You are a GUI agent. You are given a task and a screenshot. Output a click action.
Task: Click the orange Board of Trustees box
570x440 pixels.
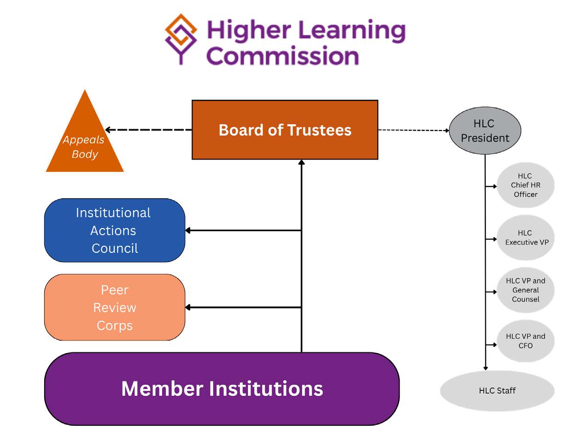coord(285,130)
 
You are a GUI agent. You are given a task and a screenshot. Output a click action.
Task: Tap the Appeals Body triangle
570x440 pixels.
coord(85,143)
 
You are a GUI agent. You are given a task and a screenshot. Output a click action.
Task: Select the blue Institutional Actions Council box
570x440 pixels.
coord(114,230)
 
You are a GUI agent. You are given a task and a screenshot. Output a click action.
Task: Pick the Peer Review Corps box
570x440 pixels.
coord(114,307)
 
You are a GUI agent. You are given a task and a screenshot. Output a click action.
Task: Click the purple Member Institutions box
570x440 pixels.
coord(222,389)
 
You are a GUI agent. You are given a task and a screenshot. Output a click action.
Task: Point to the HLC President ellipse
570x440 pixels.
coord(485,131)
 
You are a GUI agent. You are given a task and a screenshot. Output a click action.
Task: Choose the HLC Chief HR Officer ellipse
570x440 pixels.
coord(525,185)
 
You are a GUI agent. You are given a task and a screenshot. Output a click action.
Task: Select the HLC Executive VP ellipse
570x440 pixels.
coord(525,238)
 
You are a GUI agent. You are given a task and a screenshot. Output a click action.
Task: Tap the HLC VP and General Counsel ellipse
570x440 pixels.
coord(525,290)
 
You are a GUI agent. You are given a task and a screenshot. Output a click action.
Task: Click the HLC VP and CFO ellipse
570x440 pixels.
coord(525,341)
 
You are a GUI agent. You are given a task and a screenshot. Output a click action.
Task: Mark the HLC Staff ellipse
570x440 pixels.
coord(497,390)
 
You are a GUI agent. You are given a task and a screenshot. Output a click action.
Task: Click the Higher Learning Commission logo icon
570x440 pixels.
coord(181,38)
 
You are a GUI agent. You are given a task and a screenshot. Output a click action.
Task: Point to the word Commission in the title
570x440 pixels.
coord(282,56)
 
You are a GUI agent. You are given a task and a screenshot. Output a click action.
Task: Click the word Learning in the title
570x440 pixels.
coord(352,30)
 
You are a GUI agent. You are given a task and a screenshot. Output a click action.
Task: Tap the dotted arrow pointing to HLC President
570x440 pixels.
coord(413,130)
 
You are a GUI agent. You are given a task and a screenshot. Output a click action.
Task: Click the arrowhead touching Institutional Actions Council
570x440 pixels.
coord(188,230)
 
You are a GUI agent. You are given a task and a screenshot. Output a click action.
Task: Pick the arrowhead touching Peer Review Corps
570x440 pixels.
coord(188,307)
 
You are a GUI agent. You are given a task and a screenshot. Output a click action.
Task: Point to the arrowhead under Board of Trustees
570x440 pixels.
coord(302,163)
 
